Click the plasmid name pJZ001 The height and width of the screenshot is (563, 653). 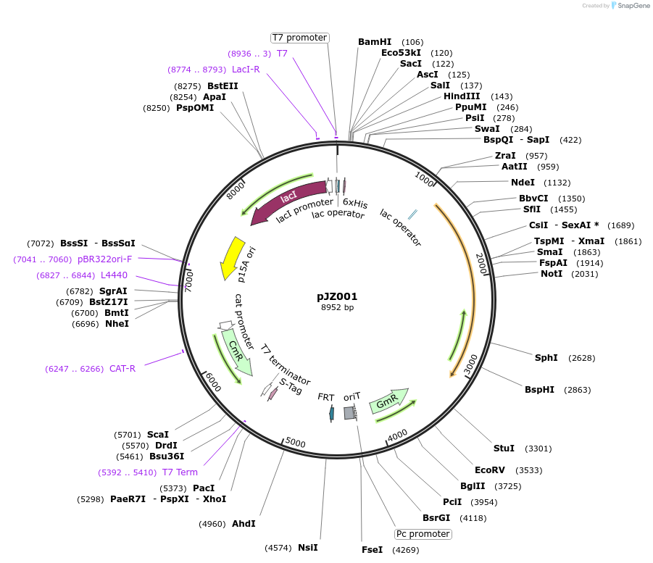pos(337,296)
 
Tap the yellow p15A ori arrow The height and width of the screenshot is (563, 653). pos(232,257)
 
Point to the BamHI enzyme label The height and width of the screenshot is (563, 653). pos(375,42)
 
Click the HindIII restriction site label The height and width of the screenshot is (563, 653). pos(462,96)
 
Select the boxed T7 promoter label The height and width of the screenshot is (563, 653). pos(299,38)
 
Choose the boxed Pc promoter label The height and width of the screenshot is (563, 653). pos(423,534)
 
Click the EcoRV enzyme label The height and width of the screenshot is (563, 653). pos(489,470)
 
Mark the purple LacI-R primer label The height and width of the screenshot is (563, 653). pos(246,70)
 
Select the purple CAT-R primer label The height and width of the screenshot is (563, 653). pos(122,369)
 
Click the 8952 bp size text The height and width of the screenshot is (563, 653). pos(337,308)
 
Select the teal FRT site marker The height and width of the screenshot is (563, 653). pos(331,413)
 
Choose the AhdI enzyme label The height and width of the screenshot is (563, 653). pos(243,524)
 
